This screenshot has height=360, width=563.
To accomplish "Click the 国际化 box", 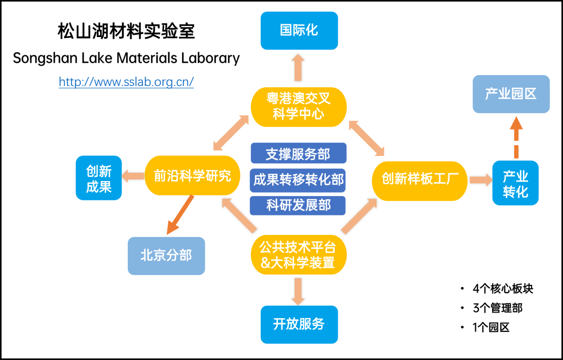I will pyautogui.click(x=299, y=30).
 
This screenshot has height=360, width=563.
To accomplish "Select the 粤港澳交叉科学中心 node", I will pyautogui.click(x=299, y=106).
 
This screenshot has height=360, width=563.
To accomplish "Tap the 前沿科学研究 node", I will pyautogui.click(x=192, y=176).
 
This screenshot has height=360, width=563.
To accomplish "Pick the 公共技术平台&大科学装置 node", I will pyautogui.click(x=298, y=255).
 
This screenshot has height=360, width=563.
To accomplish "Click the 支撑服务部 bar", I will pyautogui.click(x=298, y=154).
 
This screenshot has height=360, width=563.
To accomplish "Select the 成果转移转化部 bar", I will pyautogui.click(x=298, y=179).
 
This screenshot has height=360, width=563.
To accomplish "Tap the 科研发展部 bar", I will pyautogui.click(x=298, y=205).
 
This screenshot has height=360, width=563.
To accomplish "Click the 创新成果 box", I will pyautogui.click(x=99, y=178).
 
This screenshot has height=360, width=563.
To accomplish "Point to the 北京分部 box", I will pyautogui.click(x=166, y=256).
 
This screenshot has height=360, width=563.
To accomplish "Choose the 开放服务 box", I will pyautogui.click(x=299, y=324).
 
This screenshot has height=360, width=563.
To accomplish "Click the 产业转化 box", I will pyautogui.click(x=515, y=183).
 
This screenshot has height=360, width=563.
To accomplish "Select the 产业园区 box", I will pyautogui.click(x=511, y=94).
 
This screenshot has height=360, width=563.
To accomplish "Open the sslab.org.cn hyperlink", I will pyautogui.click(x=126, y=82).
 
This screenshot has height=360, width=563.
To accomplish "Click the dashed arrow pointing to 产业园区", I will pyautogui.click(x=516, y=137).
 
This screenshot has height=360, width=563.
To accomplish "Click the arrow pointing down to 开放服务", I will pyautogui.click(x=298, y=290).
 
